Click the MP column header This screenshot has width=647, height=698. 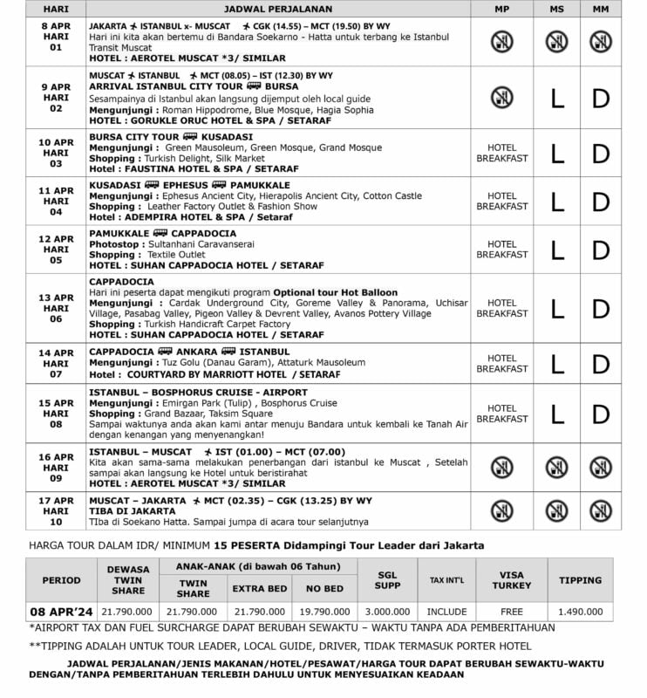501,8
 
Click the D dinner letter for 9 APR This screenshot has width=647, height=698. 601,99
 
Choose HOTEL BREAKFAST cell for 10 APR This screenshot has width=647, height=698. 502,154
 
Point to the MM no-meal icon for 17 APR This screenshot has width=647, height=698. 601,510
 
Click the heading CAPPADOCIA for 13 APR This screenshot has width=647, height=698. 121,282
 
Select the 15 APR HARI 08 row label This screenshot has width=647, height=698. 57,414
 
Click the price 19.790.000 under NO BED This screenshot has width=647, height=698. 325,612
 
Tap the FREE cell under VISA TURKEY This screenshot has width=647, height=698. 511,612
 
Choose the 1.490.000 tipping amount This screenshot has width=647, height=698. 580,612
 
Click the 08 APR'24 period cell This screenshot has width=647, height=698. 61,612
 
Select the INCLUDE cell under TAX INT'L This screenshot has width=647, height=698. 447,612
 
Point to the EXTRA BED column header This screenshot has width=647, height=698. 259,589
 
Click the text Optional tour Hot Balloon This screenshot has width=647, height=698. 335,292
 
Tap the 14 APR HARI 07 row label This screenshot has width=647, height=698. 57,363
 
